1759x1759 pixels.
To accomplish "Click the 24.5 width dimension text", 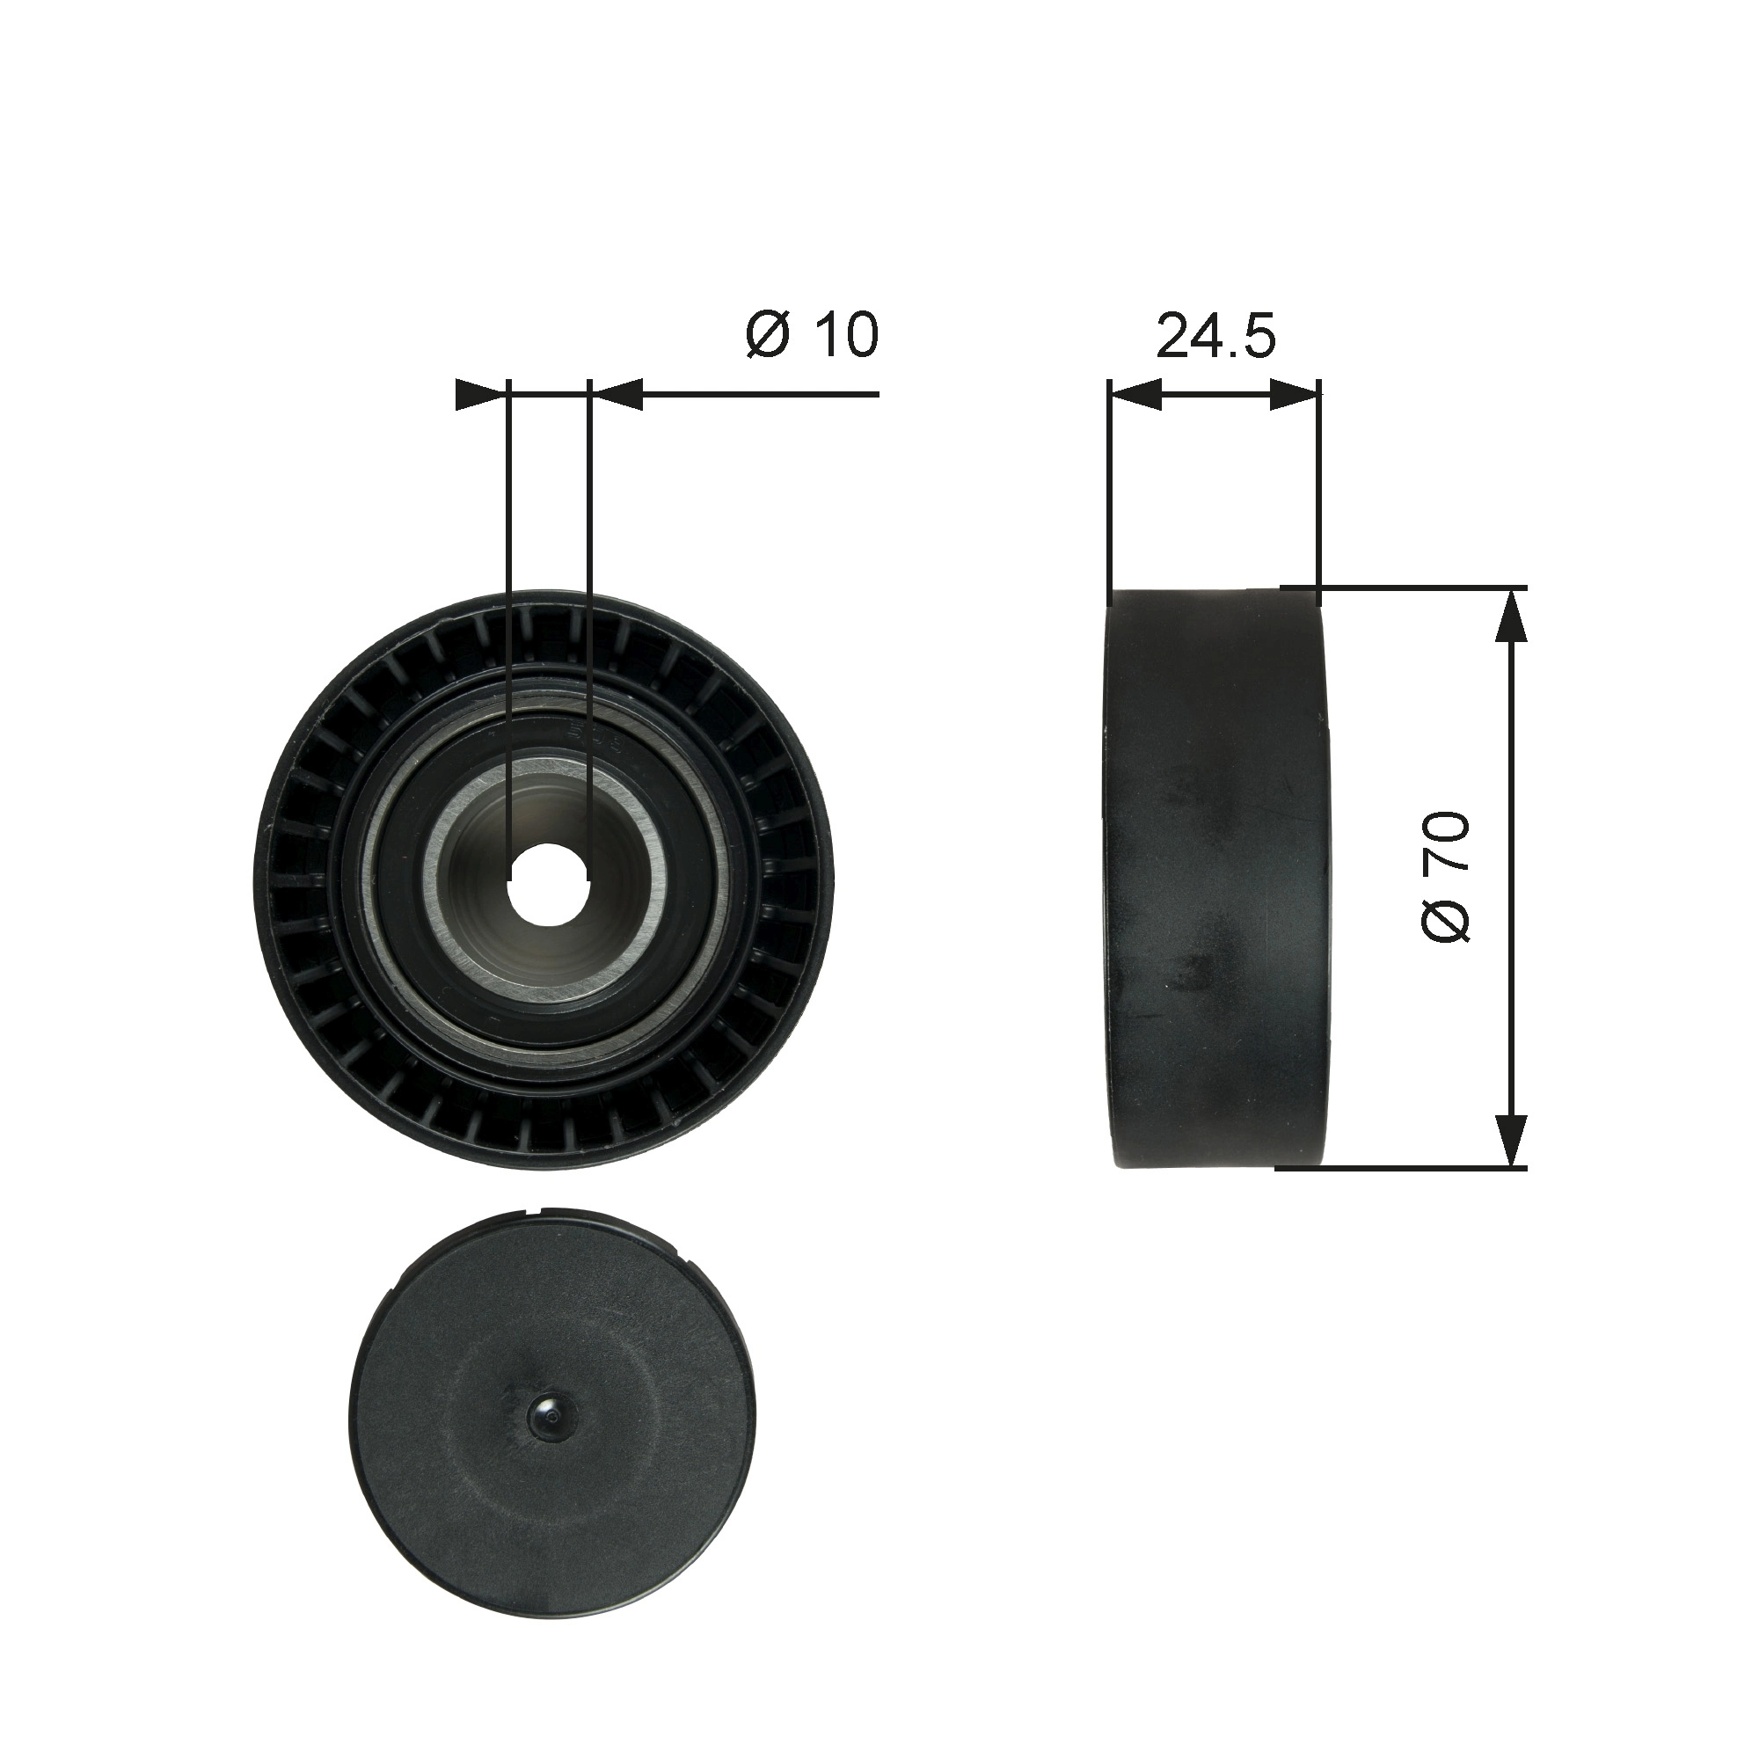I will [x=1215, y=337].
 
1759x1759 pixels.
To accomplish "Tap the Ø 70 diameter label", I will [x=1445, y=877].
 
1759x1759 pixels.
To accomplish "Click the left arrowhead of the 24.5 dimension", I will [x=1135, y=395].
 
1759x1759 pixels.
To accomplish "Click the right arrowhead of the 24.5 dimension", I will [x=1295, y=395].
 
